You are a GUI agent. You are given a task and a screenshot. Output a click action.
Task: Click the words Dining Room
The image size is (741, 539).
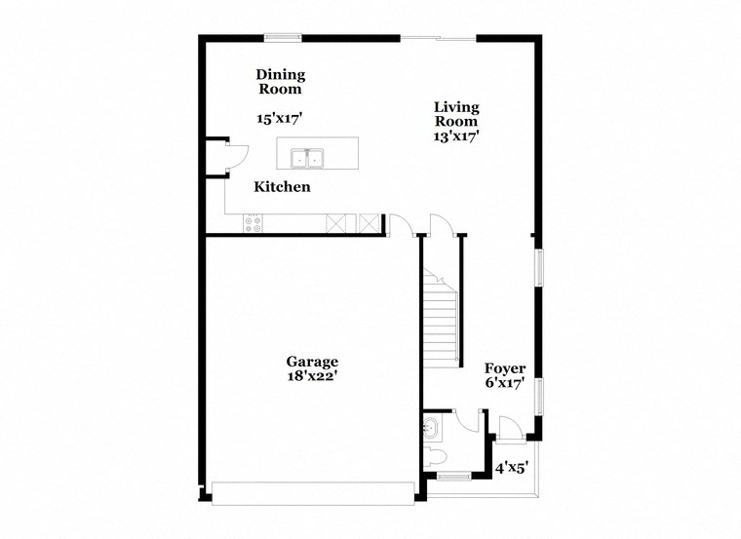[281, 81]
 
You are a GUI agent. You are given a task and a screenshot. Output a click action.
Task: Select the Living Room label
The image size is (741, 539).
[456, 114]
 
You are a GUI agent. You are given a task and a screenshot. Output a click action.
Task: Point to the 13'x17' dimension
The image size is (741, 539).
[456, 136]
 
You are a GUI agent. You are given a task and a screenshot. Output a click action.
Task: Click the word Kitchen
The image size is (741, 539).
[283, 186]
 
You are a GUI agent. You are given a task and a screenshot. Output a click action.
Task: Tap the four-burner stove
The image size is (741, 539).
[253, 223]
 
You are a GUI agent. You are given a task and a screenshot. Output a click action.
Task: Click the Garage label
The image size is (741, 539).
[312, 361]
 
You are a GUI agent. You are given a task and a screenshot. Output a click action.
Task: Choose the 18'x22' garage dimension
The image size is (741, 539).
[312, 375]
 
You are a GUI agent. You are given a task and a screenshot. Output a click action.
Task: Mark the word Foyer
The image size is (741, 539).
[505, 368]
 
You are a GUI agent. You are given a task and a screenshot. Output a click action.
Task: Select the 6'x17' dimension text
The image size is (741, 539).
[505, 383]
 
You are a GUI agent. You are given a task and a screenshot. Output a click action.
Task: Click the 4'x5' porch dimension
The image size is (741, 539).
[512, 468]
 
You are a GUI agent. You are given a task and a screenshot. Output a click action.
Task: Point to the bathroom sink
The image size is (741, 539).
[432, 426]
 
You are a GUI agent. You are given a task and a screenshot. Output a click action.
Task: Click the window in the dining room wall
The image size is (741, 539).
[283, 38]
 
